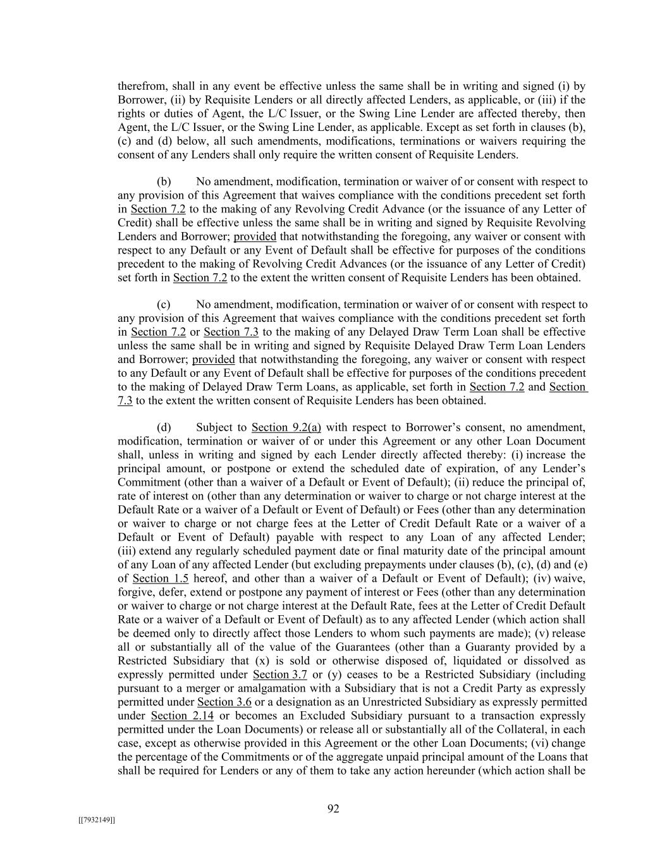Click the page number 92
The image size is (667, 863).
[333, 809]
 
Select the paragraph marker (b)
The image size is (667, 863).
[164, 182]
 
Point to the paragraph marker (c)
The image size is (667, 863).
[164, 305]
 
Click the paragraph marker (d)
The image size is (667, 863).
[164, 427]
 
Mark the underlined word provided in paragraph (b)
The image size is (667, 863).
[255, 236]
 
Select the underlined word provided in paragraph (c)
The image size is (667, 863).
[213, 359]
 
